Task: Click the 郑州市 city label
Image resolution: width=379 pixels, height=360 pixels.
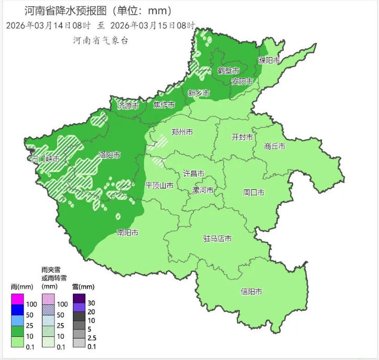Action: pos(182,132)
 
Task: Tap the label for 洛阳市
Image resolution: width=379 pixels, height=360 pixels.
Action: pos(110,155)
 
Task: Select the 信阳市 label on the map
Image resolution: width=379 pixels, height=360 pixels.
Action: pos(251,291)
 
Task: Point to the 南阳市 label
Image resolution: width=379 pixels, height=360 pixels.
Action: pos(128,232)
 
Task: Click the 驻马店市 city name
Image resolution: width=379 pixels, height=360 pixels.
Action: pos(217,238)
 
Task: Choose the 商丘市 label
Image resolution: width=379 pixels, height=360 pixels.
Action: pos(275,146)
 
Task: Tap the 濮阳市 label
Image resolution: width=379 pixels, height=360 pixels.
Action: pos(269,60)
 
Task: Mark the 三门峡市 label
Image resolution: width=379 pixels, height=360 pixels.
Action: pos(45,159)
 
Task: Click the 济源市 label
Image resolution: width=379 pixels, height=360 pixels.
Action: pos(128,105)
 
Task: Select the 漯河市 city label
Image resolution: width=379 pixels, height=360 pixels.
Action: pos(203,190)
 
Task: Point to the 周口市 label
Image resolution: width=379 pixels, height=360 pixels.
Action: pos(253,193)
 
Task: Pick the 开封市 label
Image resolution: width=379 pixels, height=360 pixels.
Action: pos(242,137)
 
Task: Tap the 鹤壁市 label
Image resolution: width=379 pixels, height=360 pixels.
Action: pos(228,70)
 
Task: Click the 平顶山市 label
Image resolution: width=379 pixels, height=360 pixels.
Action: pos(159,185)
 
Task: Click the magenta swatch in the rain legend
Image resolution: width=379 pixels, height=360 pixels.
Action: pos(17,299)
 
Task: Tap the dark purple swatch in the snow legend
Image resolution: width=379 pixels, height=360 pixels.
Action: pos(79,298)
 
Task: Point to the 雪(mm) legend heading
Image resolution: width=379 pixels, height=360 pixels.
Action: pos(83,287)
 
